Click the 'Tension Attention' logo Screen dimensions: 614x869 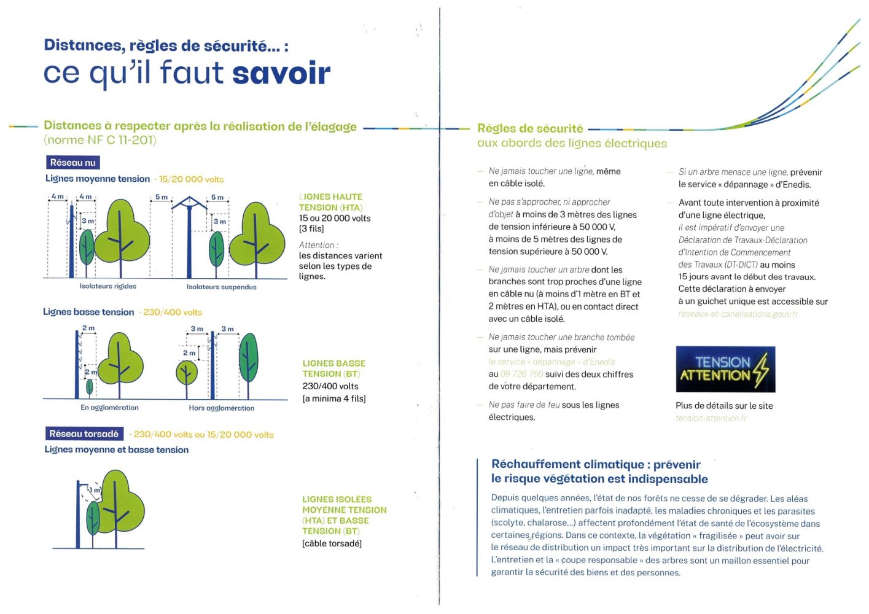coord(725,369)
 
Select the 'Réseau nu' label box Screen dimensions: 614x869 coord(72,163)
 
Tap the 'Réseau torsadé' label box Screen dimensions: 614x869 coord(84,434)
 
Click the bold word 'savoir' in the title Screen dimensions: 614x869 coord(281,74)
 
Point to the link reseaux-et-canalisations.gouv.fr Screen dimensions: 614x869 coord(738,314)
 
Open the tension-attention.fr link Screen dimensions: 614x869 coord(711,419)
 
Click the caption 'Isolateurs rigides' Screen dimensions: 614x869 coord(108,286)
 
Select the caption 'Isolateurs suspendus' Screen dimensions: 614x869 coord(221,287)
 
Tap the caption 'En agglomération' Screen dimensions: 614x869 coord(109,408)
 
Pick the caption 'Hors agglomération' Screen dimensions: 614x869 coord(221,408)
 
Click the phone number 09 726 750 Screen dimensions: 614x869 coord(521,375)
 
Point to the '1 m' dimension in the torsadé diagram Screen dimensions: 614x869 coord(95,490)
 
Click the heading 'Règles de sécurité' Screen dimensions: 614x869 coord(530,129)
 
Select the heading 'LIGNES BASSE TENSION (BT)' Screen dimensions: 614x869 coord(333,368)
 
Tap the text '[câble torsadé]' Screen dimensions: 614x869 coord(332,543)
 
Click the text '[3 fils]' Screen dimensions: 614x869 coord(311,229)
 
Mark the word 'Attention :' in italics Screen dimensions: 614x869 coord(318,245)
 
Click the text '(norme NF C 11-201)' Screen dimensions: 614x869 coord(100,141)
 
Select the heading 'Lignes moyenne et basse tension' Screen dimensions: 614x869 coord(116,450)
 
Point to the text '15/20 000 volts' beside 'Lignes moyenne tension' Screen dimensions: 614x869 coord(191,179)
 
